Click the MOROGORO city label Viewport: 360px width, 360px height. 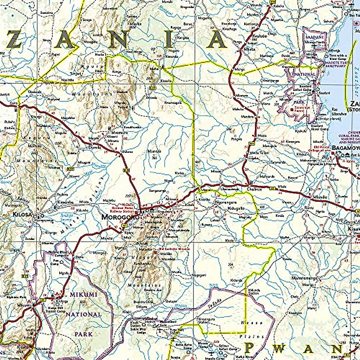click(x=118, y=217)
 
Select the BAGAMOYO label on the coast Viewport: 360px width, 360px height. click(x=345, y=148)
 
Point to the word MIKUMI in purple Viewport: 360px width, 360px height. click(x=84, y=295)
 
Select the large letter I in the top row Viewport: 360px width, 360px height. click(x=169, y=41)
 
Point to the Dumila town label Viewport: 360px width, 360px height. click(x=90, y=148)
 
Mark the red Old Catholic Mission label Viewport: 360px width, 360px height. click(x=175, y=249)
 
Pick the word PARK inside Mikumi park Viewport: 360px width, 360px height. click(x=84, y=334)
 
